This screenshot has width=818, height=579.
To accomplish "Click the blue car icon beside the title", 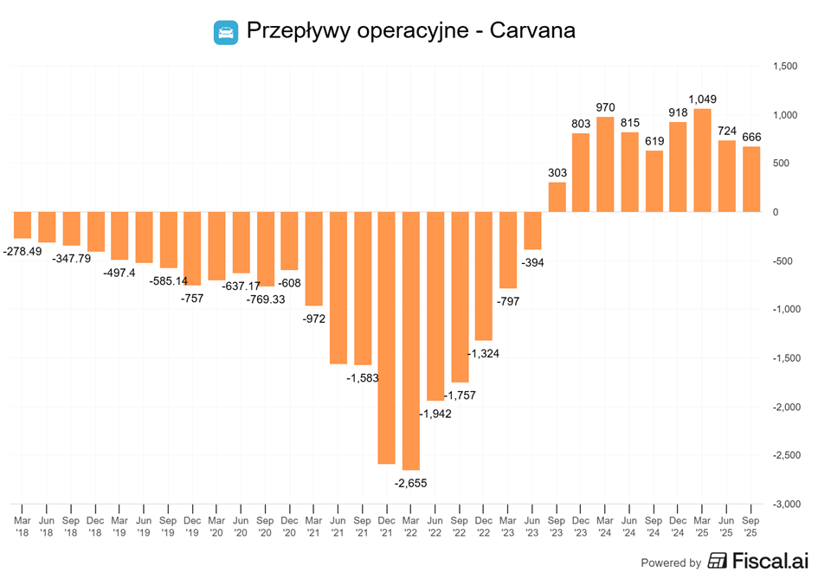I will (226, 32).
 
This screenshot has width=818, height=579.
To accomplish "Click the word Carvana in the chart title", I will (532, 30).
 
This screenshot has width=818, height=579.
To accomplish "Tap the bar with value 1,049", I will (702, 160).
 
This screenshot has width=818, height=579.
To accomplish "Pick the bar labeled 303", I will (557, 197).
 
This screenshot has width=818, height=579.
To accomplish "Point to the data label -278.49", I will (23, 250).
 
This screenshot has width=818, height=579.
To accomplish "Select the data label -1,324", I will (483, 353).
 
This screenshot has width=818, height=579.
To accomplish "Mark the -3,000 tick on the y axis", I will (786, 504).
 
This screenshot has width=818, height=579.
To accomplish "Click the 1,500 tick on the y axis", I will (786, 67).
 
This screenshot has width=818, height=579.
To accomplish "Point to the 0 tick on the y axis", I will (776, 212).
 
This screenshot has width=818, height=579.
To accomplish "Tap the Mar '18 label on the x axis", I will (23, 526).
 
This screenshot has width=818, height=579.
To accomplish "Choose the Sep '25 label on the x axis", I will (751, 526).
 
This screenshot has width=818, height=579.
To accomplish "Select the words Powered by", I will (670, 563).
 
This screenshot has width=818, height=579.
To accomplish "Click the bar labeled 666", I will (751, 179).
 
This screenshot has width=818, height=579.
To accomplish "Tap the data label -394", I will (531, 262).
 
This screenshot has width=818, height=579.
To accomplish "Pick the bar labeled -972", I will (313, 259).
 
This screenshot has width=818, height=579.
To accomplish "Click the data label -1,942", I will (435, 414).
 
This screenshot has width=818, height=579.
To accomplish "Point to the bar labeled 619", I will (654, 182).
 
